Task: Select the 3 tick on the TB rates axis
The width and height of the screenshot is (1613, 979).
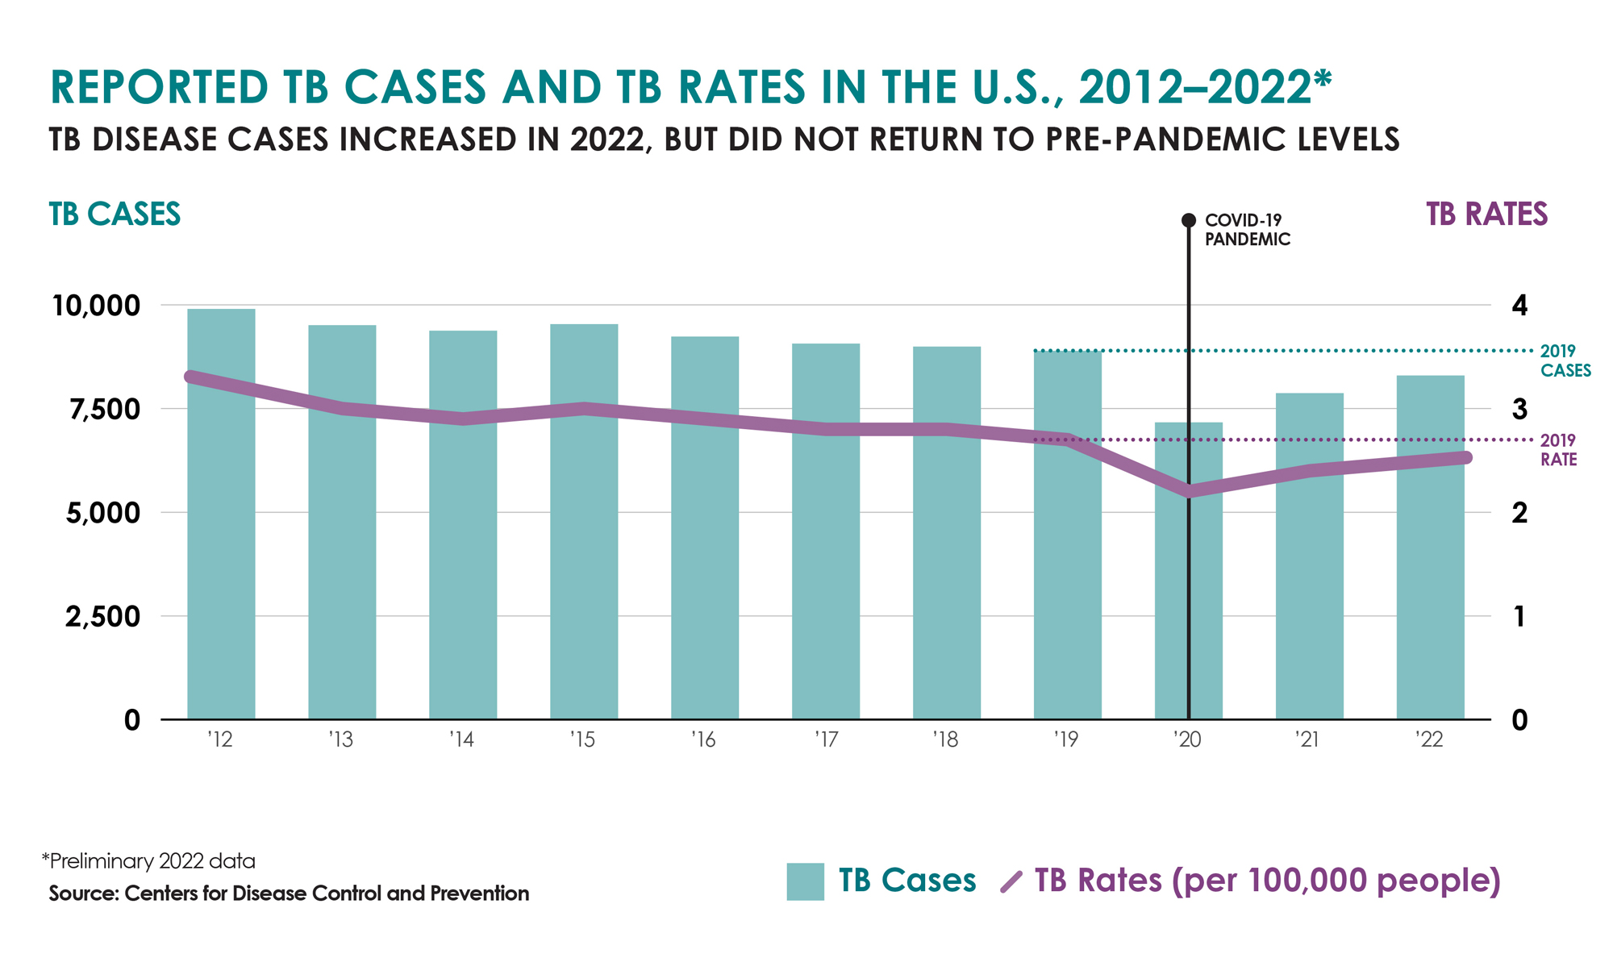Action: (x=1519, y=410)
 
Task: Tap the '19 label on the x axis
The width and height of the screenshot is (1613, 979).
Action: (x=1065, y=739)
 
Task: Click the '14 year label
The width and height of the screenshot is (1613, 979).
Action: (x=461, y=739)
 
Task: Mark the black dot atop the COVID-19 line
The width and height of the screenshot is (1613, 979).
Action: (x=1188, y=220)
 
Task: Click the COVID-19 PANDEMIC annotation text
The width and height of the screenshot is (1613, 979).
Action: (x=1247, y=230)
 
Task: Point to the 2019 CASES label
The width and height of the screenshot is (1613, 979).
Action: (x=1565, y=360)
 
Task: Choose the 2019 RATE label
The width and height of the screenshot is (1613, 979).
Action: (x=1558, y=450)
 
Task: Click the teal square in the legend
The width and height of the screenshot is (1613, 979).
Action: (x=805, y=881)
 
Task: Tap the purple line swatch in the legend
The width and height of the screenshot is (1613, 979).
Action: (x=1011, y=881)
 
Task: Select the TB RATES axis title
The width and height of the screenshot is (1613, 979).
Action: (x=1486, y=215)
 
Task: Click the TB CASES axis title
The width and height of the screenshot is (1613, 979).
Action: (x=115, y=215)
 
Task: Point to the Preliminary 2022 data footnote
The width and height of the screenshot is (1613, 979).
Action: (x=148, y=861)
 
